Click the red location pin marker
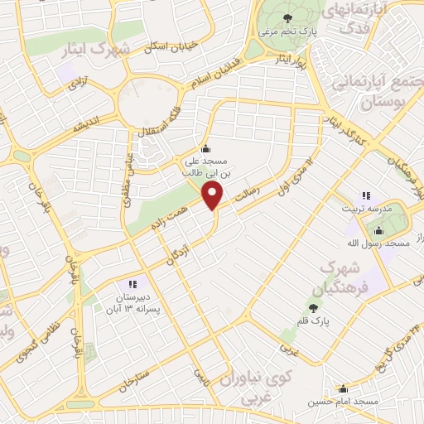[x=214, y=196]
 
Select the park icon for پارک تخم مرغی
[x=287, y=18]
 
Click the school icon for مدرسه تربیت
[x=365, y=195]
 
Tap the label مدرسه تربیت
[x=364, y=210]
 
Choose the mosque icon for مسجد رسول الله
[x=379, y=229]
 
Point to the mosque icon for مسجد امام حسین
[x=343, y=388]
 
